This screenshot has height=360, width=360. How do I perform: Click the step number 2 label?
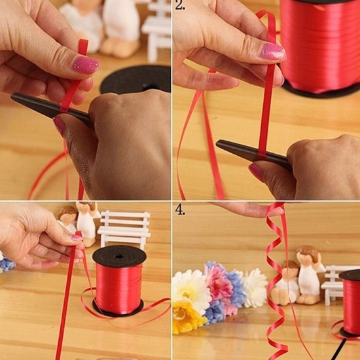tap(180, 5)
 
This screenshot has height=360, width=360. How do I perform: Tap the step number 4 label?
tap(180, 210)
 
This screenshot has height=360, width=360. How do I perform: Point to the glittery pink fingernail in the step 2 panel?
tap(273, 52)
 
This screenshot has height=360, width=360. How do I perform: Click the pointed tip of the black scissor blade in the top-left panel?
tap(12, 96)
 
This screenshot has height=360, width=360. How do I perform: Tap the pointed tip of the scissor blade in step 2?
tap(217, 143)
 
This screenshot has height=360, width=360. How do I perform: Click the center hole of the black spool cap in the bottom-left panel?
tap(118, 256)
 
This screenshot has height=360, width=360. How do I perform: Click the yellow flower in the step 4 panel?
tap(187, 316)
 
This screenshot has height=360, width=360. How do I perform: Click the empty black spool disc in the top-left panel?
tap(136, 79)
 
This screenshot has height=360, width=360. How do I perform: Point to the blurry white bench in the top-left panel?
tap(156, 30)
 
